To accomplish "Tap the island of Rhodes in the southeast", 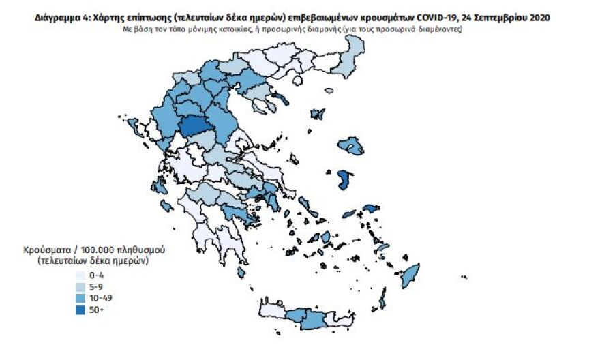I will coord(410,277).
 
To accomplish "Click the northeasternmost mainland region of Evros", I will coord(352,58).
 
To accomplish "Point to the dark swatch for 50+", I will coord(80,310).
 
